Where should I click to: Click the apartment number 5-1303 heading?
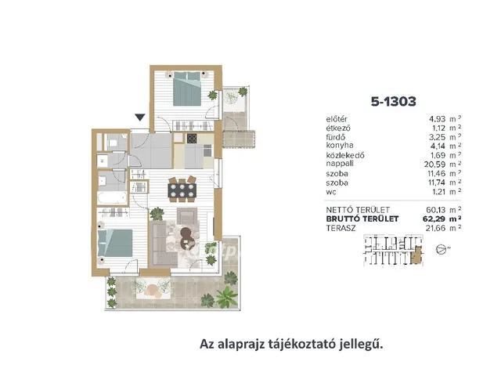pos(393,101)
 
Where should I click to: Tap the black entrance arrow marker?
pos(140,117)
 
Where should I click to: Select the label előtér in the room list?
pos(337,119)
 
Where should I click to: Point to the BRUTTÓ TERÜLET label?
pos(362,219)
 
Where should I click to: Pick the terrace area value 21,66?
pos(435,228)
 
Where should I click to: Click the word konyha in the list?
pos(340,146)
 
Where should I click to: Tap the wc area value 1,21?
pos(438,192)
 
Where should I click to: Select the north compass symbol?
pos(441,249)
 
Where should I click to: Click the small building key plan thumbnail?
pos(394,251)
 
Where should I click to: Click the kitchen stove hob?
pos(192,139)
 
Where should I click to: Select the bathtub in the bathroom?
pos(112,198)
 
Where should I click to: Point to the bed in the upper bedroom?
pos(187,89)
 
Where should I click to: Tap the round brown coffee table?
pos(186,237)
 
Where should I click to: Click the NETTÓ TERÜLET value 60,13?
pos(435,210)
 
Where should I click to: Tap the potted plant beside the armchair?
pos(157,213)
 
